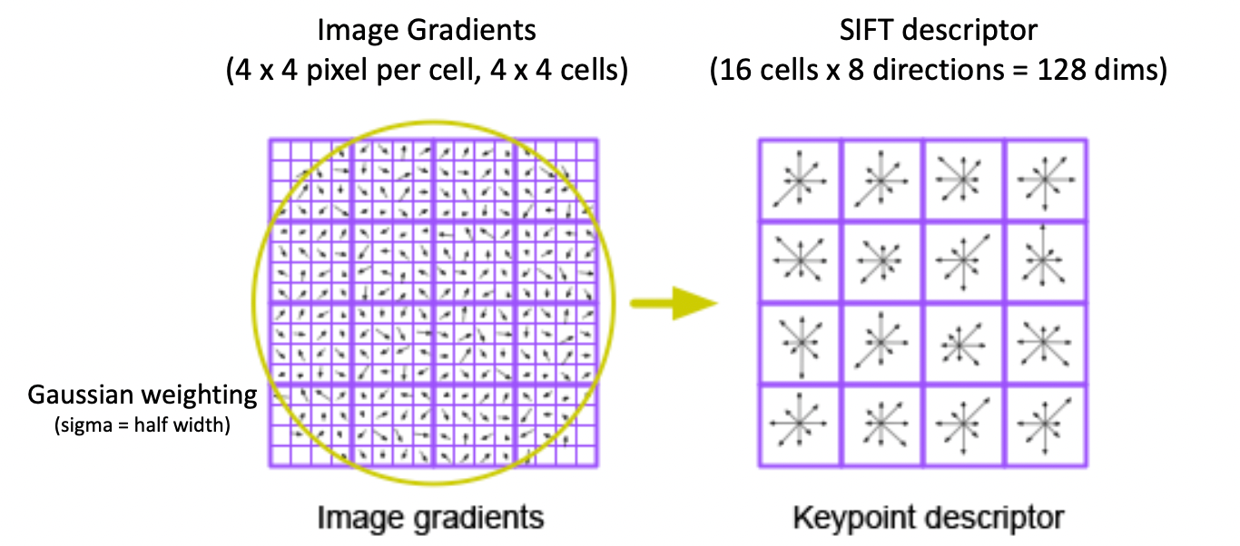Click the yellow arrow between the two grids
pyautogui.click(x=674, y=304)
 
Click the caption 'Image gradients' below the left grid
pyautogui.click(x=431, y=518)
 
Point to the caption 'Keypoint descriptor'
pyautogui.click(x=927, y=518)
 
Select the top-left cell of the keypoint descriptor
pyautogui.click(x=800, y=180)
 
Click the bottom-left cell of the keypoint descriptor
pyautogui.click(x=800, y=425)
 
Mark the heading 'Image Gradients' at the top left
pyautogui.click(x=426, y=30)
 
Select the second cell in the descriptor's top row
pyautogui.click(x=881, y=180)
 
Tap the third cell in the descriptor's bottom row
pyautogui.click(x=964, y=425)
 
